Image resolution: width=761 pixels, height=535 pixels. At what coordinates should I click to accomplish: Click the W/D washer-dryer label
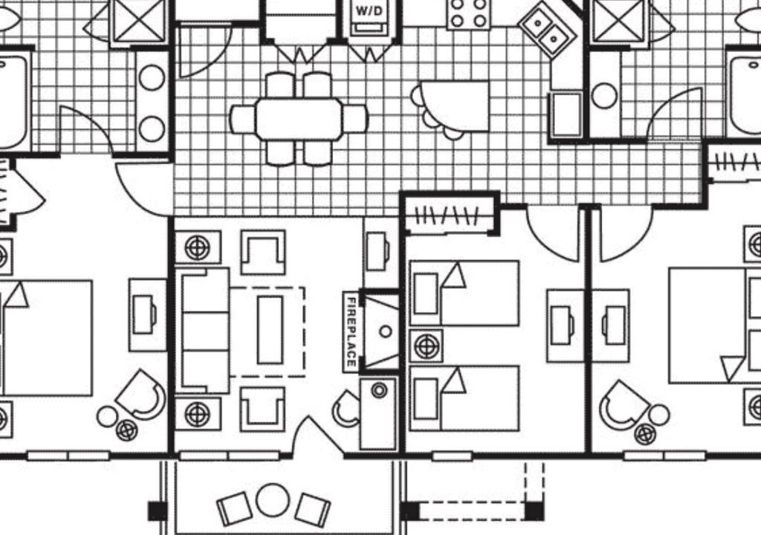click(369, 10)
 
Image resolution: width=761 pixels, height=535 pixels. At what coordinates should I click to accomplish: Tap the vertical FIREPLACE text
click(351, 332)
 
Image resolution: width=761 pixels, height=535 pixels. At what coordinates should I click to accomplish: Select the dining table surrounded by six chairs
click(299, 119)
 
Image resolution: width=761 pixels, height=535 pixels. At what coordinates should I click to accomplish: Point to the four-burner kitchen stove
click(468, 13)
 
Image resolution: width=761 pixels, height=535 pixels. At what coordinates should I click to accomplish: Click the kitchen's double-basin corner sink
click(546, 29)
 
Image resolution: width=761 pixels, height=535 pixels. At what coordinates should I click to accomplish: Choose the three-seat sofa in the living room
click(202, 330)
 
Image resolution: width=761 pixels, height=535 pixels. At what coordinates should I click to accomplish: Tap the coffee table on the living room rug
click(271, 330)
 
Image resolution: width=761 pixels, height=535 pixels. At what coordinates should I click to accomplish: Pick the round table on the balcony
click(273, 500)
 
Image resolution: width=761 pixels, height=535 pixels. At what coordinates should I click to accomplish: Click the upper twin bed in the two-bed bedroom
click(464, 294)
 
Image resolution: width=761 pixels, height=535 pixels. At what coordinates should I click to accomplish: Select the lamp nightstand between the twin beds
click(427, 346)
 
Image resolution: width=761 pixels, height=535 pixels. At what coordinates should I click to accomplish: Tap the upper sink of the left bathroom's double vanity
click(152, 78)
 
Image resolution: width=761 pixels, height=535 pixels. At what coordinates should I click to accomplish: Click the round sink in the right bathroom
click(605, 96)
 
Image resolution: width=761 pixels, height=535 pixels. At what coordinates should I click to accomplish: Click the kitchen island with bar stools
click(455, 106)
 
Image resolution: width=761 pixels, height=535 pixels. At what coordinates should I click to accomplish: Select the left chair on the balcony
click(234, 509)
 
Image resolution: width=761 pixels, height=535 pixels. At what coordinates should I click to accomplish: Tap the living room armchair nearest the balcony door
click(262, 409)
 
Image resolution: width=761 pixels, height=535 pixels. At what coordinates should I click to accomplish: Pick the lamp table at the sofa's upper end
click(198, 248)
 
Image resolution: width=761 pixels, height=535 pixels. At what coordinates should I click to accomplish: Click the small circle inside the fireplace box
click(386, 331)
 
